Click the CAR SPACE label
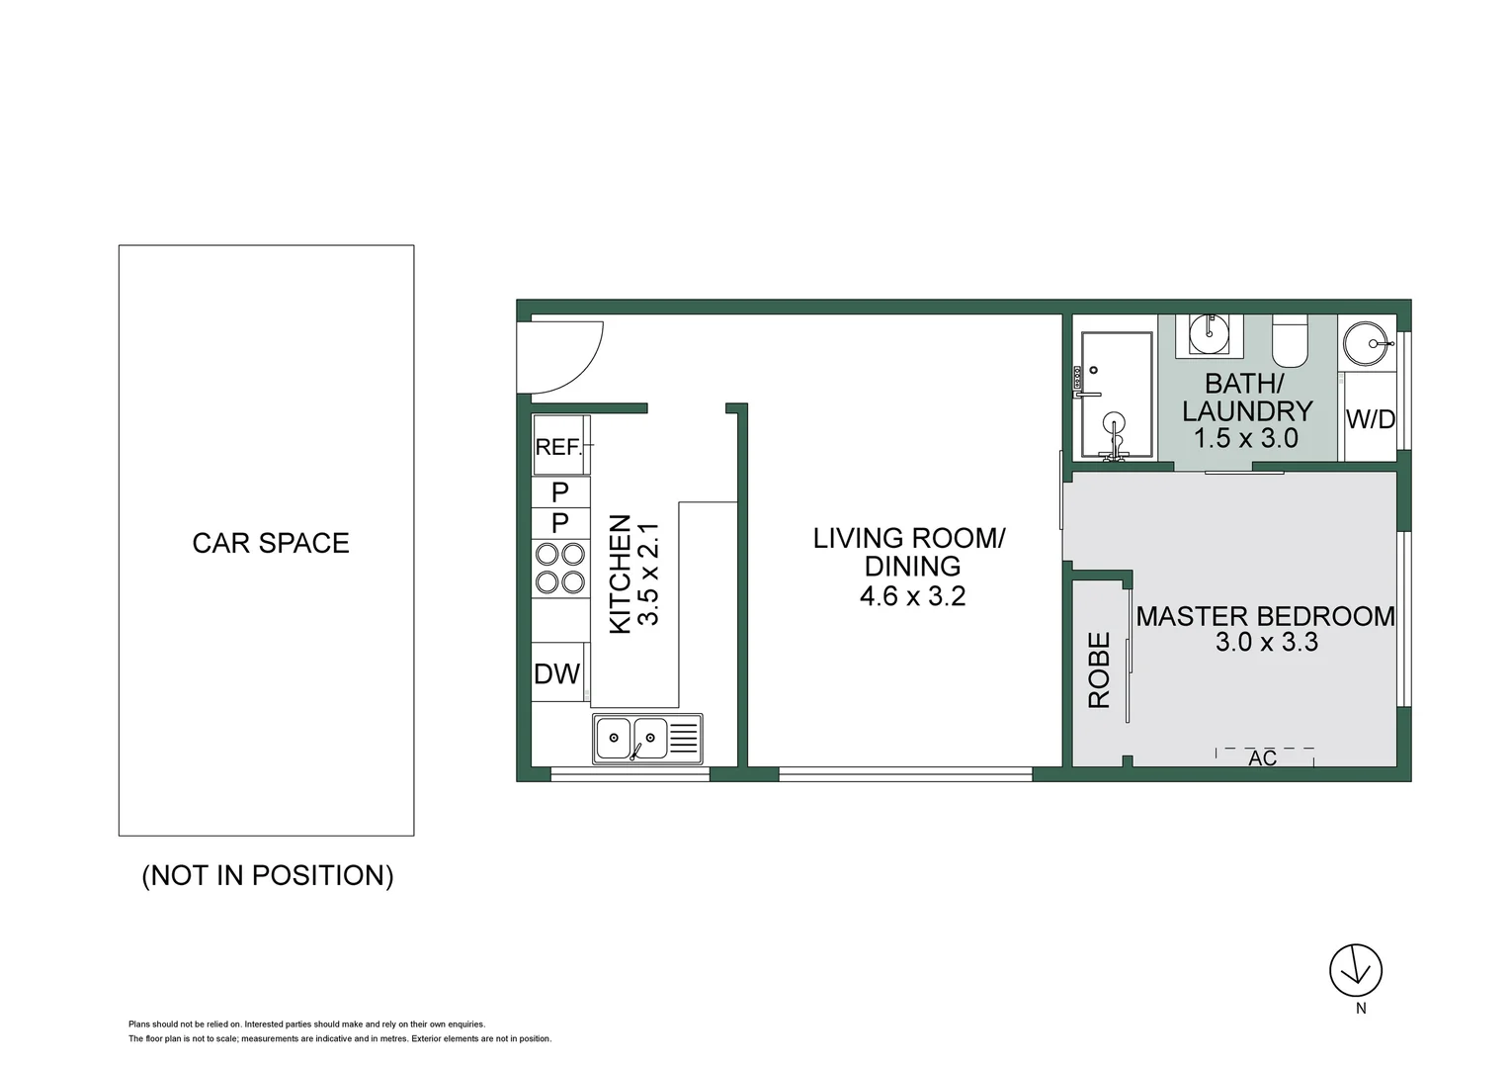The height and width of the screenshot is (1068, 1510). (x=271, y=543)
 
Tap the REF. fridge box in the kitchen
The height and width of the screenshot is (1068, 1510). (x=559, y=446)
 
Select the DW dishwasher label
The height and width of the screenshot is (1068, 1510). (x=556, y=674)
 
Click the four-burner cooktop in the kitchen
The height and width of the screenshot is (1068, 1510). (x=559, y=569)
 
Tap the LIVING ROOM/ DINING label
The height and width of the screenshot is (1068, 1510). (x=909, y=552)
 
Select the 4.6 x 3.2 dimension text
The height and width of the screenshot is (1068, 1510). (x=912, y=596)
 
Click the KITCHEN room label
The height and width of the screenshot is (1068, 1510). (x=620, y=574)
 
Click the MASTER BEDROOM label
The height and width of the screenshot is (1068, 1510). (x=1265, y=616)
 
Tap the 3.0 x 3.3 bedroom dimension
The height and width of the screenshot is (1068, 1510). (x=1266, y=643)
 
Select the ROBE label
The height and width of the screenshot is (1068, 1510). (x=1099, y=669)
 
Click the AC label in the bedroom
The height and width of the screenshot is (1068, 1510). (x=1263, y=758)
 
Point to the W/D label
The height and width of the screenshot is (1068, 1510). (x=1370, y=419)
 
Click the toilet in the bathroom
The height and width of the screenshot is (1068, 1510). (x=1290, y=339)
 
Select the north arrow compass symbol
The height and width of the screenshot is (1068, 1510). (x=1356, y=970)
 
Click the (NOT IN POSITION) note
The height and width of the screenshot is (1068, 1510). (x=268, y=875)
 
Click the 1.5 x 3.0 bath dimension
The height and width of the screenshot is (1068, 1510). (x=1245, y=438)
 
